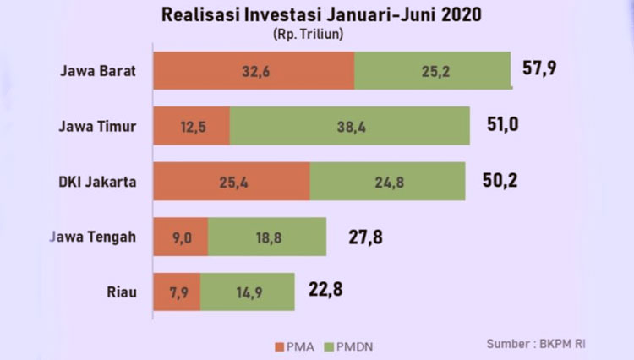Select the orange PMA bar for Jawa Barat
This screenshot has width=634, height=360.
point(254,70)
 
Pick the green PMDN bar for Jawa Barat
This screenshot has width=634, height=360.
point(433,70)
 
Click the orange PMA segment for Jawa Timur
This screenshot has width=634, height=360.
point(191,126)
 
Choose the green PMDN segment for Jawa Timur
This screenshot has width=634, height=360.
point(349,126)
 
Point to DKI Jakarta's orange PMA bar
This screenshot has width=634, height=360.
point(232,181)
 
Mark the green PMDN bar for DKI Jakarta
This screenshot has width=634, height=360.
point(387,181)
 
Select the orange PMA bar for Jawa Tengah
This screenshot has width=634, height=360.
point(180,237)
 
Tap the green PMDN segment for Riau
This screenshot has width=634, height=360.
point(247,292)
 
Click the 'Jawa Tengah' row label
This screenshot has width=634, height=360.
point(93,237)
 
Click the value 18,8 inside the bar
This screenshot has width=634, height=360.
point(267,237)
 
